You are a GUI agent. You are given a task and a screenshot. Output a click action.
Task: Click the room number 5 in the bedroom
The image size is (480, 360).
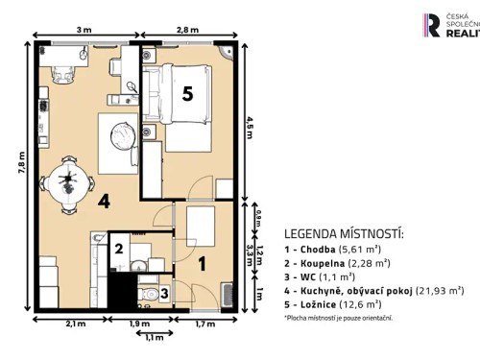point(188,94)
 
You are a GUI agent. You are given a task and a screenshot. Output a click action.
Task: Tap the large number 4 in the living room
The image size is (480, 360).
point(103,202)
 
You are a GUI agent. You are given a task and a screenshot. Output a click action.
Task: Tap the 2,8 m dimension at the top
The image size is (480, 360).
point(187,30)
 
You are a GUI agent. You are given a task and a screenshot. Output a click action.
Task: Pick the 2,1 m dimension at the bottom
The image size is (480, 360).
point(72,324)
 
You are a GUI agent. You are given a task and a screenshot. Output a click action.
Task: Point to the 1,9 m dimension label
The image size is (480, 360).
point(140,324)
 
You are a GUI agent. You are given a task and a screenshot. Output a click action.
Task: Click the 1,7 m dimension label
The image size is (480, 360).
point(204,324)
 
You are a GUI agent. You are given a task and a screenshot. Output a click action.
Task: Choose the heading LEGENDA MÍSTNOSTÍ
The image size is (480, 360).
point(344,233)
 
